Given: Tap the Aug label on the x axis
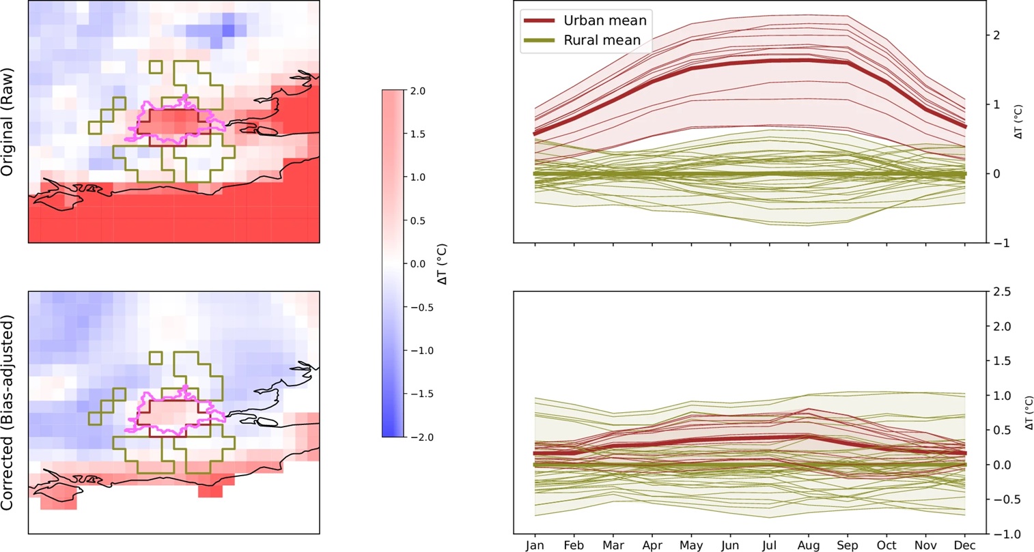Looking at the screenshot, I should pyautogui.click(x=809, y=544).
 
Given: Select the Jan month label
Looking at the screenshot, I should pyautogui.click(x=535, y=544).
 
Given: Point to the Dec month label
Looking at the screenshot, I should pyautogui.click(x=964, y=544).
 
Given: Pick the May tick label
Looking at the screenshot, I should pyautogui.click(x=692, y=544).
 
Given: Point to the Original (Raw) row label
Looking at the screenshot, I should pyautogui.click(x=8, y=122).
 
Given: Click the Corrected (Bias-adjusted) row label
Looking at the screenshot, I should pyautogui.click(x=8, y=412).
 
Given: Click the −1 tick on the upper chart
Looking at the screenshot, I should pyautogui.click(x=998, y=243).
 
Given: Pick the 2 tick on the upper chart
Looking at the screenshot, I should pyautogui.click(x=996, y=35).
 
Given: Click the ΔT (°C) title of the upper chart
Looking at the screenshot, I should pyautogui.click(x=1019, y=122).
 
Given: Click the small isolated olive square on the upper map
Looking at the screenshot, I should pyautogui.click(x=156, y=67).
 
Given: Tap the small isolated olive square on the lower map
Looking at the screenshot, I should pyautogui.click(x=156, y=358).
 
